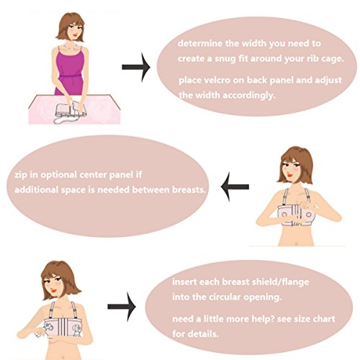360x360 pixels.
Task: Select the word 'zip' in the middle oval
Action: (21, 175)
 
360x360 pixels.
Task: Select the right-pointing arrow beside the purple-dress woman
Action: (136, 67)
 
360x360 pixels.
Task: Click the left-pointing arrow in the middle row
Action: (235, 186)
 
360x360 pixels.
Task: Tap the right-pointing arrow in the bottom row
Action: (122, 307)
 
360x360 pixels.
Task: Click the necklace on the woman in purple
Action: (71, 48)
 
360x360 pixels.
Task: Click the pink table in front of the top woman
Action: (74, 109)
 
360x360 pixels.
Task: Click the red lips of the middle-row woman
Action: (290, 176)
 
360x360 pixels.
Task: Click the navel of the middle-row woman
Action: (297, 244)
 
